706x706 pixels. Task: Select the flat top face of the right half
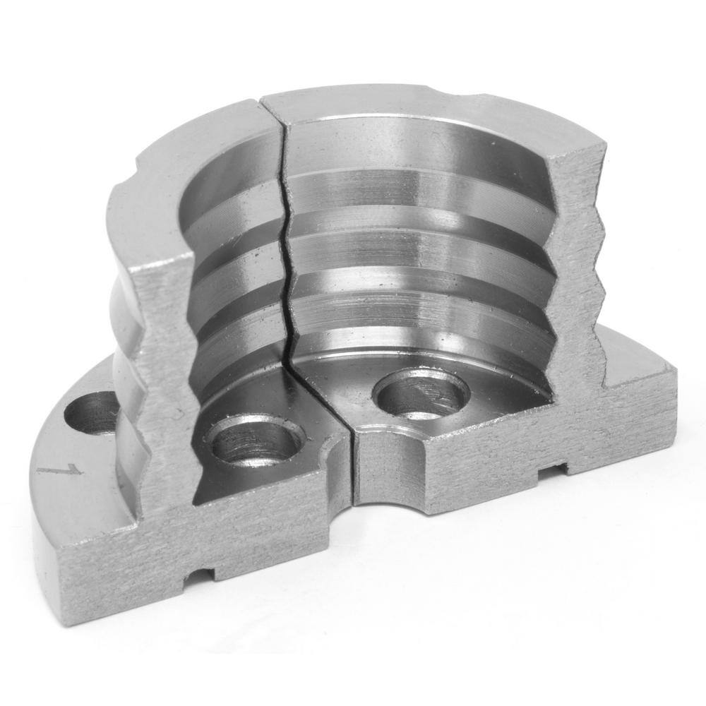pyautogui.click(x=424, y=116)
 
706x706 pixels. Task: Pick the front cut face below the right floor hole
pyautogui.click(x=459, y=466)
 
